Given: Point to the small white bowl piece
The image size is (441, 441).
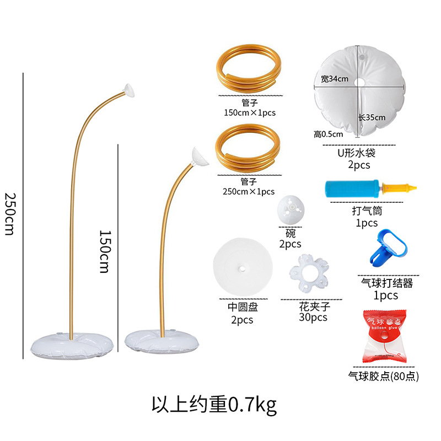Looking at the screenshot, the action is click(292, 211).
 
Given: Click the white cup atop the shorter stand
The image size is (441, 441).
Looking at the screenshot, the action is click(198, 157).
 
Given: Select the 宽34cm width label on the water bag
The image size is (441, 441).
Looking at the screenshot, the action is click(335, 79).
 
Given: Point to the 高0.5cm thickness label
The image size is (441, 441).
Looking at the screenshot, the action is click(328, 133).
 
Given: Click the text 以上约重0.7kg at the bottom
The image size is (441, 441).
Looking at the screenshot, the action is click(214, 405).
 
